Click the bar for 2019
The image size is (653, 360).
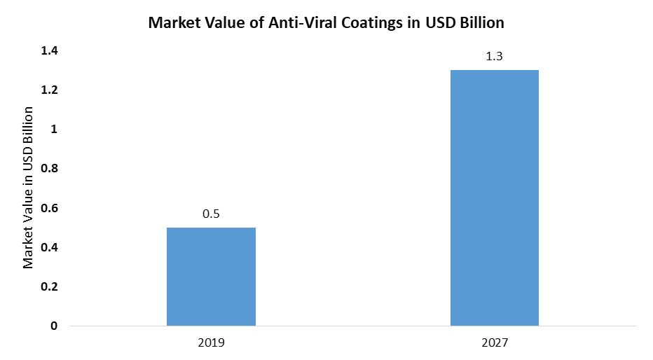[x=211, y=277]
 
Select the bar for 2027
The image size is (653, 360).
[x=494, y=198]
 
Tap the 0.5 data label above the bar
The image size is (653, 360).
[x=211, y=214]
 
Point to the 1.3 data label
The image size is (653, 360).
[x=494, y=57]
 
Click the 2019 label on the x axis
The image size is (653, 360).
[x=211, y=343]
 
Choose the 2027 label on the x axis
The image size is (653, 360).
[x=494, y=343]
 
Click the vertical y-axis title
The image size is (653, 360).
[x=29, y=187]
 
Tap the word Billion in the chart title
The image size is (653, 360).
[x=481, y=23]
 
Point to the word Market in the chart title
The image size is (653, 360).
[x=173, y=23]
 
